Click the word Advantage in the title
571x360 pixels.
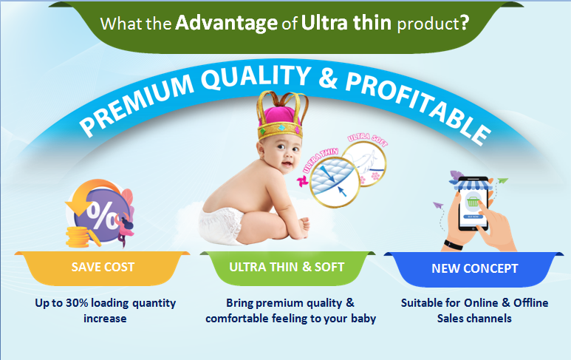point(226,24)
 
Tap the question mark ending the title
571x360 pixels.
point(465,23)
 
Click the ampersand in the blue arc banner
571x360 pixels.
point(328,78)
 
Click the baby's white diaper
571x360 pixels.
point(221,226)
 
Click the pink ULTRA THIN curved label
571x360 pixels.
point(320,160)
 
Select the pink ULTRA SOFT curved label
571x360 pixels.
point(367,139)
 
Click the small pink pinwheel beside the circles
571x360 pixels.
point(302,181)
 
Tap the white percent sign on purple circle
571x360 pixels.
point(103,215)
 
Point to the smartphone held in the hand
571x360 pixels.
point(473,203)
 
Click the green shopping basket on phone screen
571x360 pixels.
point(473,201)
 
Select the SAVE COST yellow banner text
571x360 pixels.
point(103,267)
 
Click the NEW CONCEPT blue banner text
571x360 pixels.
point(474,268)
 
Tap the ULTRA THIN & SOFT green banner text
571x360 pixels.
point(287,267)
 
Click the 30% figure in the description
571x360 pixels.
point(77,303)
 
